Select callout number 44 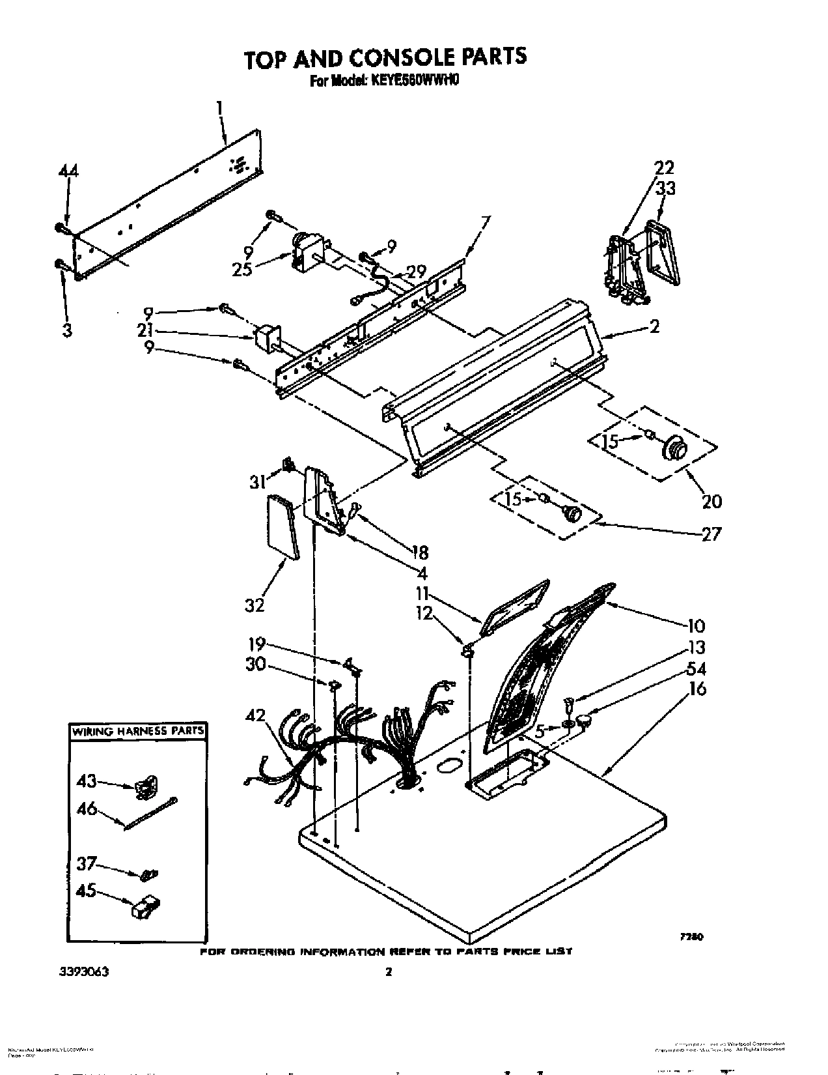(67, 171)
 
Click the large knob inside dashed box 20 (674, 449)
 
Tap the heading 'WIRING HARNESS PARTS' (137, 731)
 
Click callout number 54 (696, 669)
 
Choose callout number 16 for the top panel (697, 689)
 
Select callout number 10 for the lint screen (695, 626)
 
